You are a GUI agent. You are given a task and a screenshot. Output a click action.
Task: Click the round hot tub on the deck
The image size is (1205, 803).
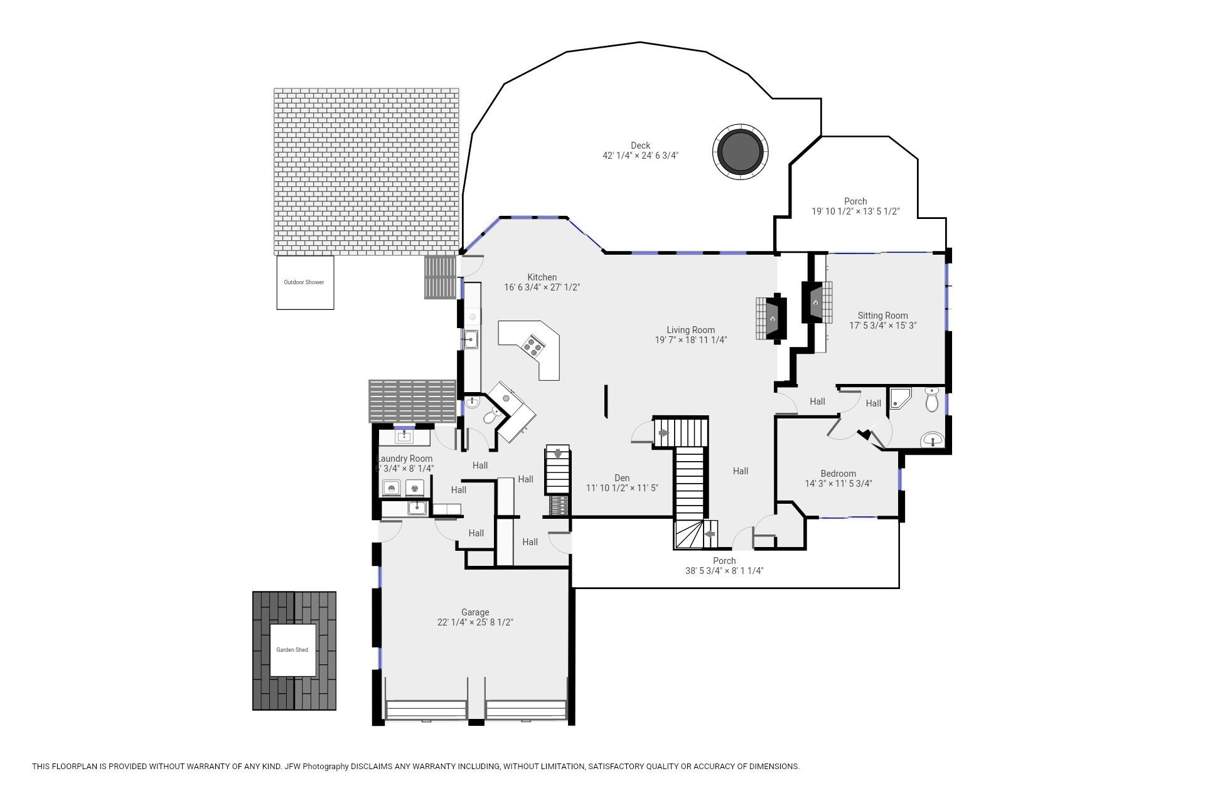(741, 152)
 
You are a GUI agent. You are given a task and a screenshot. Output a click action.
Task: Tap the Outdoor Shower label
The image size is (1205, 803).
(304, 282)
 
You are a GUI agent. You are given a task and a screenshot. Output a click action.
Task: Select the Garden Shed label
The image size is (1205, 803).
(292, 650)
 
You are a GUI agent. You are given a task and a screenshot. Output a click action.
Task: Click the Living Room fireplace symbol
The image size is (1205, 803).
(771, 318)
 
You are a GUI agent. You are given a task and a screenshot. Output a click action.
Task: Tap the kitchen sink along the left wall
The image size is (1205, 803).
(470, 339)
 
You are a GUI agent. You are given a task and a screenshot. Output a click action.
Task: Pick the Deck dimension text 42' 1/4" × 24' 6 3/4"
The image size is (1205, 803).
(640, 156)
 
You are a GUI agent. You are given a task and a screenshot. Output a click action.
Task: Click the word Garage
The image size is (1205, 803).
(475, 612)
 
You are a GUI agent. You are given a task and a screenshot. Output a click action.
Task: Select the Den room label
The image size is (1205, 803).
(622, 478)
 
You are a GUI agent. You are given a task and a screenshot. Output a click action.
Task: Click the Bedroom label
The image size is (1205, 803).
(838, 474)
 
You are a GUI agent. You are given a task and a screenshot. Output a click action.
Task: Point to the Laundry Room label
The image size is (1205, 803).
(405, 459)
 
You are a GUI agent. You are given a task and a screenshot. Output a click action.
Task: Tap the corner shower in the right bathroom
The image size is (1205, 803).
(899, 398)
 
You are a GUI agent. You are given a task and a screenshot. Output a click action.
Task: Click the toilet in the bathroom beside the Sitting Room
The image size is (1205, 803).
(932, 400)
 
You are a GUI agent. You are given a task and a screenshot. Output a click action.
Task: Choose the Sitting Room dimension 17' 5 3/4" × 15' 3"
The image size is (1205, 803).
(883, 326)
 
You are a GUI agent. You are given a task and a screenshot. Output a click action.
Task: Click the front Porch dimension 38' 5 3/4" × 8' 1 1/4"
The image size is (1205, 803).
(724, 571)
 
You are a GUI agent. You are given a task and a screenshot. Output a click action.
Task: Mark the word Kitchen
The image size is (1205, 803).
(542, 277)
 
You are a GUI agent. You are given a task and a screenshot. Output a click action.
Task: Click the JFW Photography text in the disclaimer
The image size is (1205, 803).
(316, 767)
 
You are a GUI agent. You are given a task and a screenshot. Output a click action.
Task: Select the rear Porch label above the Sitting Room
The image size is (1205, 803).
(855, 201)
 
